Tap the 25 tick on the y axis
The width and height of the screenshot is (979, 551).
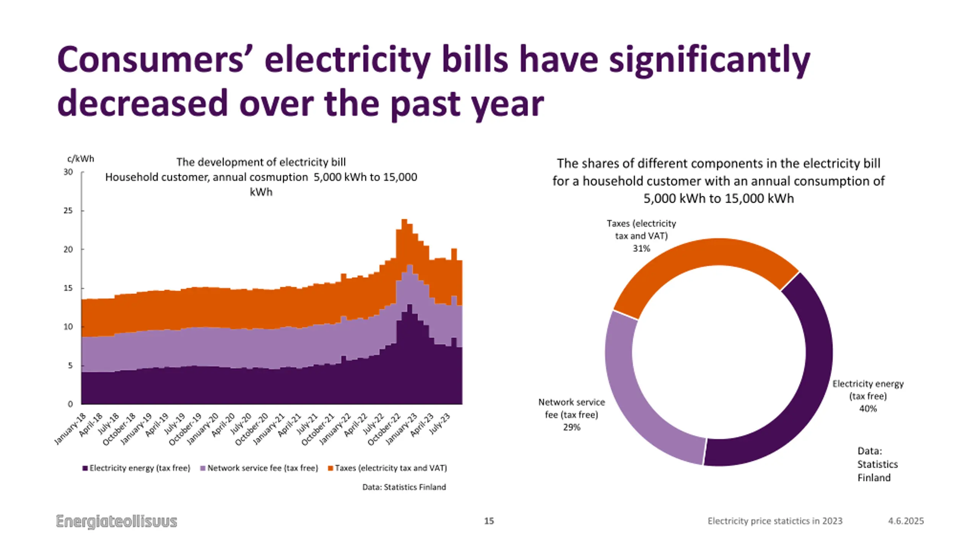pyautogui.click(x=68, y=211)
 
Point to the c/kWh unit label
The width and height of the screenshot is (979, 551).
pyautogui.click(x=81, y=159)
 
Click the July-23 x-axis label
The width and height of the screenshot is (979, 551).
pyautogui.click(x=440, y=424)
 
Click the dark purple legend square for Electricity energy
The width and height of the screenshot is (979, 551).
pyautogui.click(x=85, y=468)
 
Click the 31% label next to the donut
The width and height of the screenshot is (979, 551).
pyautogui.click(x=641, y=248)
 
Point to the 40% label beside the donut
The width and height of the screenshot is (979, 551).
pyautogui.click(x=868, y=409)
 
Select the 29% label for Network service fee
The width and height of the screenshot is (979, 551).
pyautogui.click(x=571, y=427)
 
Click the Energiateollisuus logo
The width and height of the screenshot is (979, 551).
pyautogui.click(x=117, y=521)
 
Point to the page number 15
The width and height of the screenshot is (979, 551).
pyautogui.click(x=489, y=521)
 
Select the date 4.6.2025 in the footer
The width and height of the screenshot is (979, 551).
pyautogui.click(x=906, y=521)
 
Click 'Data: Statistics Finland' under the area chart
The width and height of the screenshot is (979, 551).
pyautogui.click(x=404, y=487)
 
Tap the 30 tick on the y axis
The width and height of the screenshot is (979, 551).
pyautogui.click(x=68, y=172)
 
